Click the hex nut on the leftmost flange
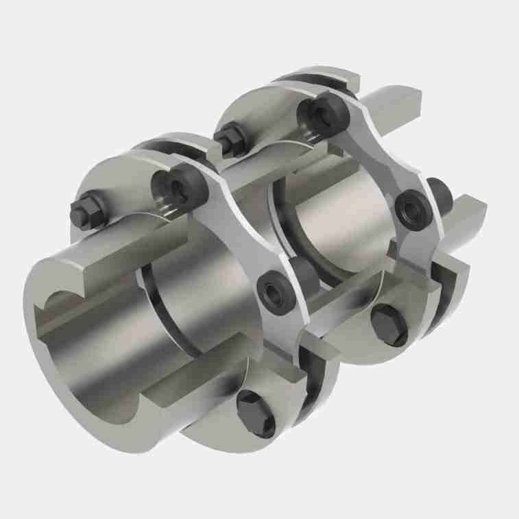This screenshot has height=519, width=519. pyautogui.click(x=87, y=210)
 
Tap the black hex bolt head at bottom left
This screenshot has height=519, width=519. pyautogui.click(x=256, y=413)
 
